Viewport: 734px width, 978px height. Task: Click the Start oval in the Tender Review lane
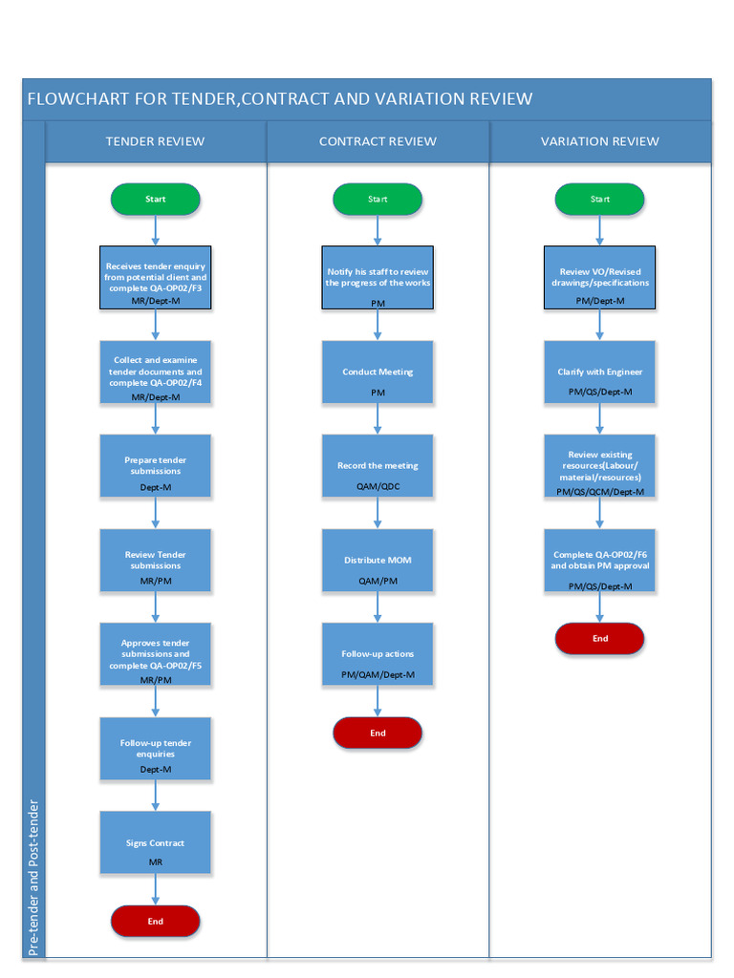(x=155, y=199)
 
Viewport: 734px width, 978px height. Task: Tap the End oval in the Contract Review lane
(x=378, y=733)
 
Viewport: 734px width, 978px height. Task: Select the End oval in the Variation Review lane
(x=599, y=639)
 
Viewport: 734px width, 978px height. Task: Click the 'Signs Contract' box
(x=155, y=842)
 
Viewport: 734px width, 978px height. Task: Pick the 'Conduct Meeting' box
(x=378, y=372)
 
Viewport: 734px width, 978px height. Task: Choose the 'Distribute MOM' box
(x=378, y=560)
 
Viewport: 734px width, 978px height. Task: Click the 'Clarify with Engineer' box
(x=599, y=372)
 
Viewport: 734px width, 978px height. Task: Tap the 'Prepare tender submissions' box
(x=155, y=465)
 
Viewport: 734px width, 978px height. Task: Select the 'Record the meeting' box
(x=378, y=465)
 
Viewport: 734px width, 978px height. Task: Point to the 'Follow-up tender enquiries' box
(x=155, y=748)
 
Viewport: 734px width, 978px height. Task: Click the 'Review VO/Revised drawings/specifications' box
(x=599, y=277)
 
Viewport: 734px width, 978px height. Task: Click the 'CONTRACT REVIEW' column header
(x=378, y=141)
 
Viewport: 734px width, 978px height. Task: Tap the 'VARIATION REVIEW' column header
(x=599, y=141)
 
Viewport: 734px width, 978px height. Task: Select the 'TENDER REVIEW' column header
(x=155, y=141)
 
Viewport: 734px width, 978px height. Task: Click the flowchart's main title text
(x=279, y=99)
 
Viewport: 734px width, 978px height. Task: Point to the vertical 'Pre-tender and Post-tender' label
(x=33, y=877)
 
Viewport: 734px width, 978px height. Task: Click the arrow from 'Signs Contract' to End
(x=156, y=889)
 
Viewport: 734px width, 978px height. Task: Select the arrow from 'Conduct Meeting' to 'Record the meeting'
(x=378, y=418)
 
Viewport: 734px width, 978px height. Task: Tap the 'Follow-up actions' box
(x=378, y=653)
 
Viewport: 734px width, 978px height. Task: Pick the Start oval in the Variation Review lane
(x=599, y=199)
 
